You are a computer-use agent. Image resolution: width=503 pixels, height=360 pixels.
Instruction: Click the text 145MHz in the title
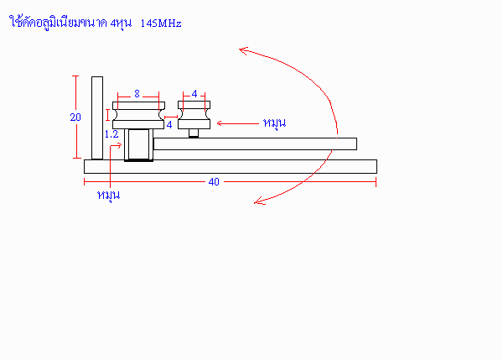coord(161,23)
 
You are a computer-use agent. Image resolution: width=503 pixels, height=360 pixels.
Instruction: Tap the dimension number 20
coord(75,117)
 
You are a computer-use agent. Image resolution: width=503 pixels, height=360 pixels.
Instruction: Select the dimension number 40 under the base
coord(214,182)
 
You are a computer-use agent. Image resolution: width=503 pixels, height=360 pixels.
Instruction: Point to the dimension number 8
coord(137,93)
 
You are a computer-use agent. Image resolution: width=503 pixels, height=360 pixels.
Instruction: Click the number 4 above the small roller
coord(194,93)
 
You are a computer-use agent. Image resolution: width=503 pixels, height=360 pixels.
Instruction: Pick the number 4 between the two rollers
coord(169,124)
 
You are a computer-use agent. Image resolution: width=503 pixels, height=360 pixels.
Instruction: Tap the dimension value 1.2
coord(111,134)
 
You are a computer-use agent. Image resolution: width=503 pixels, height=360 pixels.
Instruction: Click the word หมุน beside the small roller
coord(274,123)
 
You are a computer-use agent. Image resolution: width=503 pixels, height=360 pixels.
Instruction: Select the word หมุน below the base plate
coord(108,195)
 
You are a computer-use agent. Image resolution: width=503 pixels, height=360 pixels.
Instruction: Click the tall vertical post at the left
coord(97,117)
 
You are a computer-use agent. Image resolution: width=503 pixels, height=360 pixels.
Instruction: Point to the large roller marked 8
coord(138,115)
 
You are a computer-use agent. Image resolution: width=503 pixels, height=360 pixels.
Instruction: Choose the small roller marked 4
coord(194,115)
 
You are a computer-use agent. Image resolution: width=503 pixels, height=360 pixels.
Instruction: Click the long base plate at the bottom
coord(231,166)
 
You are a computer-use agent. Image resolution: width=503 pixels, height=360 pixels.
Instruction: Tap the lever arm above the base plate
coord(255,143)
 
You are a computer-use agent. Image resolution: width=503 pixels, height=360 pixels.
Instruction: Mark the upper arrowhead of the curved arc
coord(244,50)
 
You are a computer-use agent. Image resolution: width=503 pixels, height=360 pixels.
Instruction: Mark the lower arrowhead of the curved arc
coord(259,201)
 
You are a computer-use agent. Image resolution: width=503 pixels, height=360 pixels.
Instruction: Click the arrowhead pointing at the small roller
coord(220,123)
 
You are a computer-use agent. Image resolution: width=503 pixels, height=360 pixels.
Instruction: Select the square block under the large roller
coord(138,144)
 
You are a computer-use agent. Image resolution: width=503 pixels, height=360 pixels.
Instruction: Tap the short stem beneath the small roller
coord(194,133)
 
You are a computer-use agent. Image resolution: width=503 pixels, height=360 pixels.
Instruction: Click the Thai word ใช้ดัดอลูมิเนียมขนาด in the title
coord(58,23)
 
